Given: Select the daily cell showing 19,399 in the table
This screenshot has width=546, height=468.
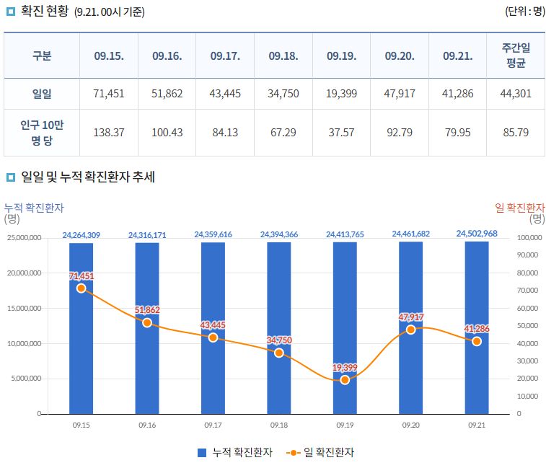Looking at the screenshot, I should click(x=342, y=93).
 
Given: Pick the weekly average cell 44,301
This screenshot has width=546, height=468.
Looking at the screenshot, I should click(x=515, y=93).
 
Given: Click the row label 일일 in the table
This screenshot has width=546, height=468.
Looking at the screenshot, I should click(x=42, y=93).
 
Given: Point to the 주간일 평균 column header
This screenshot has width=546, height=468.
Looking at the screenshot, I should click(x=515, y=56).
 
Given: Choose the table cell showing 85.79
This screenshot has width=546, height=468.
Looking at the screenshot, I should click(x=515, y=133).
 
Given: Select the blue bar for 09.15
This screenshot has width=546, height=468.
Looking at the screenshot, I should click(x=81, y=346).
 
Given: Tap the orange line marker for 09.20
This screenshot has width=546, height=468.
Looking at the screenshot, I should click(x=411, y=330).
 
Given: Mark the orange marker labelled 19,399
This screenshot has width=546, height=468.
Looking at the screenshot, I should click(x=345, y=380).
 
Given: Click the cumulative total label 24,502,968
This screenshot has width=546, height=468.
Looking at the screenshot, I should click(x=477, y=234).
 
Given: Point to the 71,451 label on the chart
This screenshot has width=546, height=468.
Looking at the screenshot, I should click(x=82, y=276).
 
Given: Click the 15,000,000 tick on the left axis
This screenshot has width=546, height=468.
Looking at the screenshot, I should click(x=24, y=308).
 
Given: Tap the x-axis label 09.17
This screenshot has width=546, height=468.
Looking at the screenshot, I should click(x=213, y=425).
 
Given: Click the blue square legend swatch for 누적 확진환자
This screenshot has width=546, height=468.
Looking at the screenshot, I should click(x=202, y=453).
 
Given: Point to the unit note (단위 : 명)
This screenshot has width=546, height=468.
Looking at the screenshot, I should click(x=524, y=12).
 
